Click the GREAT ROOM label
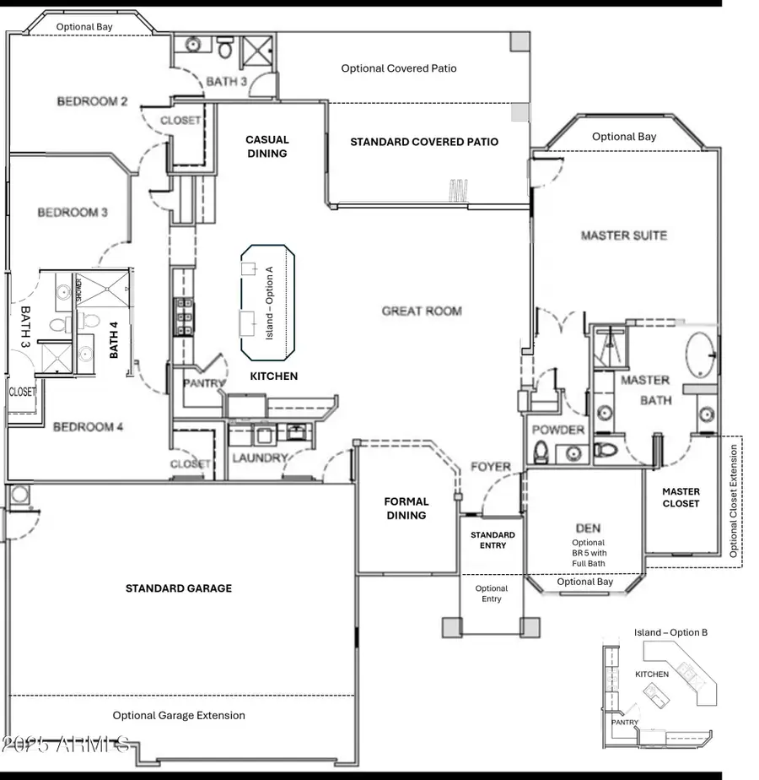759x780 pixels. coord(422,311)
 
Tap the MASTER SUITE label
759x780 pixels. coord(624,236)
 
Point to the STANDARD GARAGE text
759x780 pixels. coord(179,588)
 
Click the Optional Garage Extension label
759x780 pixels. coord(179,716)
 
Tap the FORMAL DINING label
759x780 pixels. coord(406,508)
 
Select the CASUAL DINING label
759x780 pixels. coord(267,146)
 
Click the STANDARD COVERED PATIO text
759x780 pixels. coord(424,142)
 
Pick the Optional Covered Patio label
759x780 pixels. coord(399,68)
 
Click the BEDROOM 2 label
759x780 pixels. coord(92,102)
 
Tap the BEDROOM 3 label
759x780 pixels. coord(73,213)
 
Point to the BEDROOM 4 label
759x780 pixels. coord(89,427)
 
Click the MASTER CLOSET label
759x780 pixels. coord(681,497)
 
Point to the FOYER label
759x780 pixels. coord(491,467)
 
